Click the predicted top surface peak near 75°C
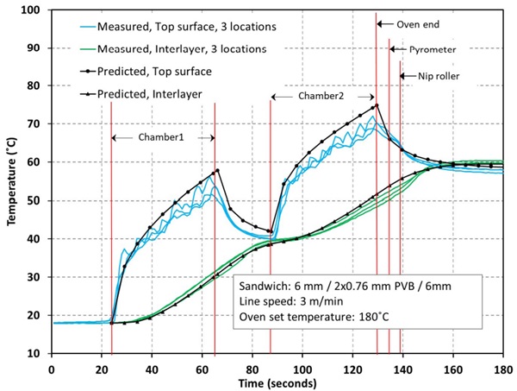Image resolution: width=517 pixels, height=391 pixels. (376, 105)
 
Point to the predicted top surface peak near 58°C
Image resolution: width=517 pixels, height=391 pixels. (217, 170)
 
